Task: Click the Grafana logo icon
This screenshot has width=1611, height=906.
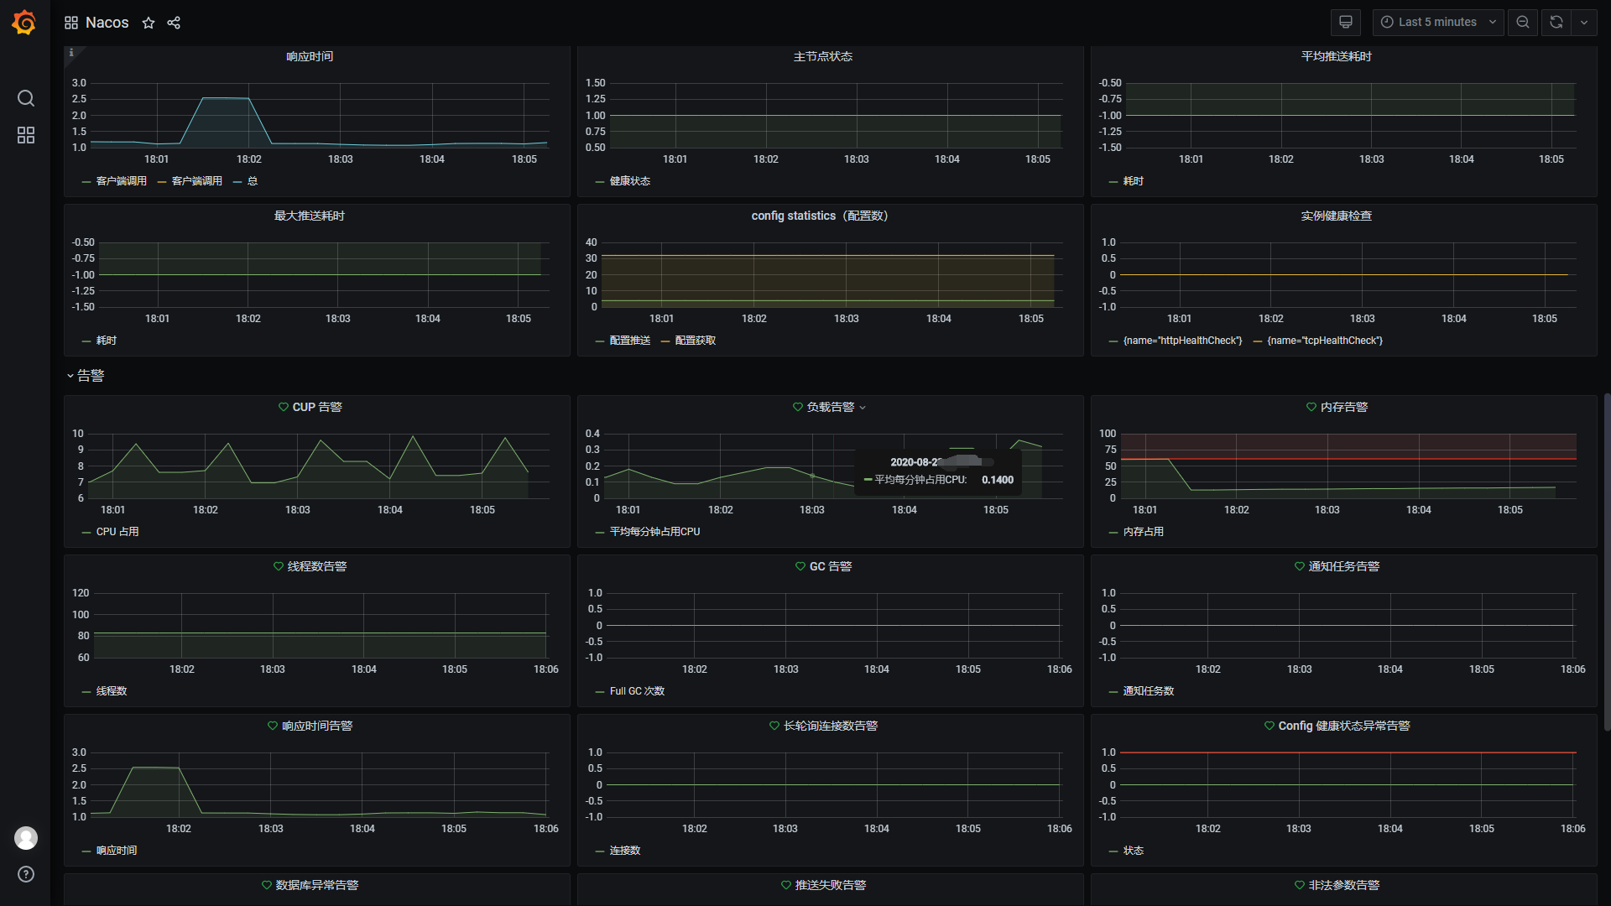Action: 24,23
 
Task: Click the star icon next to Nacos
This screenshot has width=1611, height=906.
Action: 149,23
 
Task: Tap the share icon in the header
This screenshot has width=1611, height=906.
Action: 174,23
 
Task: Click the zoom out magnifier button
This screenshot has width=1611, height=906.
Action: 1523,23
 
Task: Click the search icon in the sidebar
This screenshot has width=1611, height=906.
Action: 26,99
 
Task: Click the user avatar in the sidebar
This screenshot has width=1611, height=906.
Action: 26,837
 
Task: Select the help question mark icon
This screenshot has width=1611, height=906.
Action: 26,874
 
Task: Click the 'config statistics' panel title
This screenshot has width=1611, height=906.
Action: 819,216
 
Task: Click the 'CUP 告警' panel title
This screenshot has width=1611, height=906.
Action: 316,407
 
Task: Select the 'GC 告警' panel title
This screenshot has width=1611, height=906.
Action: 830,566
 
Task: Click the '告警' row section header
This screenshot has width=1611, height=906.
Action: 91,376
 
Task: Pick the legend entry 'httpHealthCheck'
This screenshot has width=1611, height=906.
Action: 1182,341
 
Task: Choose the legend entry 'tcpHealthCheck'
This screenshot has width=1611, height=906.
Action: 1325,341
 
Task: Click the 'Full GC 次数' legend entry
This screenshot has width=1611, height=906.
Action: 637,691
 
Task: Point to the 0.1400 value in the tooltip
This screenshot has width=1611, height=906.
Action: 998,480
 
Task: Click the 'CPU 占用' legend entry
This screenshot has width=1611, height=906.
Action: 117,532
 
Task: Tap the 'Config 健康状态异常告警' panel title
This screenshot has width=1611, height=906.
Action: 1343,726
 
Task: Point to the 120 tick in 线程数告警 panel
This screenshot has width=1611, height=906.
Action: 81,593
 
